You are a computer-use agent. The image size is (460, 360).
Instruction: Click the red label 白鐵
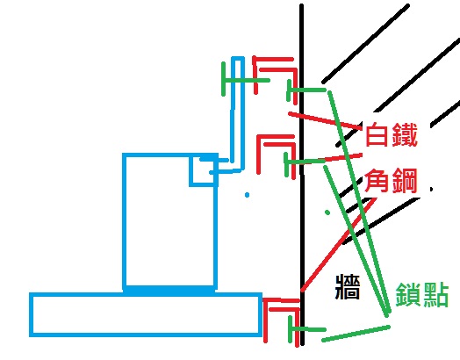click(392, 134)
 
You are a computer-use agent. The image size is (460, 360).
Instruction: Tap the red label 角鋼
click(391, 181)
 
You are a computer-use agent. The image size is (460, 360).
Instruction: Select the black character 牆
click(348, 286)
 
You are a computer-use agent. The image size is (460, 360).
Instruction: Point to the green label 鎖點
click(422, 294)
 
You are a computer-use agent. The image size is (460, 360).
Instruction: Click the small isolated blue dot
click(247, 195)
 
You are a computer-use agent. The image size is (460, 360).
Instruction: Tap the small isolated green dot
click(327, 212)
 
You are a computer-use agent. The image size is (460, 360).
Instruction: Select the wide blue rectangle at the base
click(146, 314)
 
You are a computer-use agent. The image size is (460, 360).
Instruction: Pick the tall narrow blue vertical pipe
click(238, 114)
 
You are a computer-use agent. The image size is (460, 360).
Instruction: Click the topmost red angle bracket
click(273, 60)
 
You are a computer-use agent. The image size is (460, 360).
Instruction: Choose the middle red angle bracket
click(275, 137)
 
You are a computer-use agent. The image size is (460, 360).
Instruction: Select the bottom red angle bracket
click(281, 300)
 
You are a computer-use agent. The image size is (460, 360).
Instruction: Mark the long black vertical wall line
click(302, 175)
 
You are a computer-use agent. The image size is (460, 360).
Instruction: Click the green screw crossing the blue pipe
click(245, 80)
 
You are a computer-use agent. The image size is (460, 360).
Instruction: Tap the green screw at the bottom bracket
click(307, 329)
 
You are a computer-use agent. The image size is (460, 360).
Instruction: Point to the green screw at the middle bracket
click(305, 161)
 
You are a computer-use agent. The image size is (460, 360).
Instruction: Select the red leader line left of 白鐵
click(325, 119)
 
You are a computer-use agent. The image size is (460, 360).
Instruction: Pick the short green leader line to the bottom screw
click(356, 334)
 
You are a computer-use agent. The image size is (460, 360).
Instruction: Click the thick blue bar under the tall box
click(169, 290)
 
